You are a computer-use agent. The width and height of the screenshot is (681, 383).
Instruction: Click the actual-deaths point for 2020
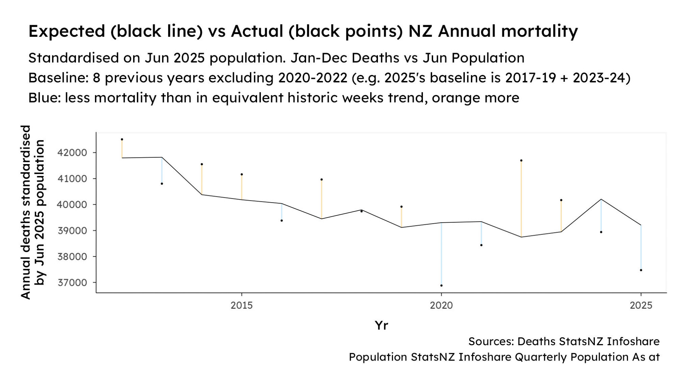[441, 285]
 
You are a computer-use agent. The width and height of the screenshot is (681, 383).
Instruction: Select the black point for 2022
[521, 160]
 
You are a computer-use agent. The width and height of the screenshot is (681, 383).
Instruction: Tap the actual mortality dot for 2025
[641, 270]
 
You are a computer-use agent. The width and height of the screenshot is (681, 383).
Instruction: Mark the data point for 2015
[242, 174]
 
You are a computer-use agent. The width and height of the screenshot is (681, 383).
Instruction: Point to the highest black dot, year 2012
[122, 139]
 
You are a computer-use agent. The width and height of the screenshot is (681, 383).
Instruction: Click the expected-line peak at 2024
[601, 199]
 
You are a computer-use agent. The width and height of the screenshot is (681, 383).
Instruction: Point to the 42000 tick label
[72, 153]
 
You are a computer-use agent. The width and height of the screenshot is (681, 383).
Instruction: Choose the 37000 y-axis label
[72, 283]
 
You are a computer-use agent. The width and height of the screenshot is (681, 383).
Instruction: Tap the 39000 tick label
[72, 231]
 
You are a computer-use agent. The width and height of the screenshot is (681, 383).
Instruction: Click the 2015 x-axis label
[242, 305]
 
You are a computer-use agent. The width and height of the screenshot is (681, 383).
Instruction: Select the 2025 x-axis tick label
[641, 305]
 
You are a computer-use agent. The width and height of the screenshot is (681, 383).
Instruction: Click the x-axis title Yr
[381, 325]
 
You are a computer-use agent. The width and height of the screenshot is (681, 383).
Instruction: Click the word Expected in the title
[67, 32]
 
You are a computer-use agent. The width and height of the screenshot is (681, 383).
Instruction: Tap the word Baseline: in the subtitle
[58, 78]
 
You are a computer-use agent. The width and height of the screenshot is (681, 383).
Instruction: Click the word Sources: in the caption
[491, 341]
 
